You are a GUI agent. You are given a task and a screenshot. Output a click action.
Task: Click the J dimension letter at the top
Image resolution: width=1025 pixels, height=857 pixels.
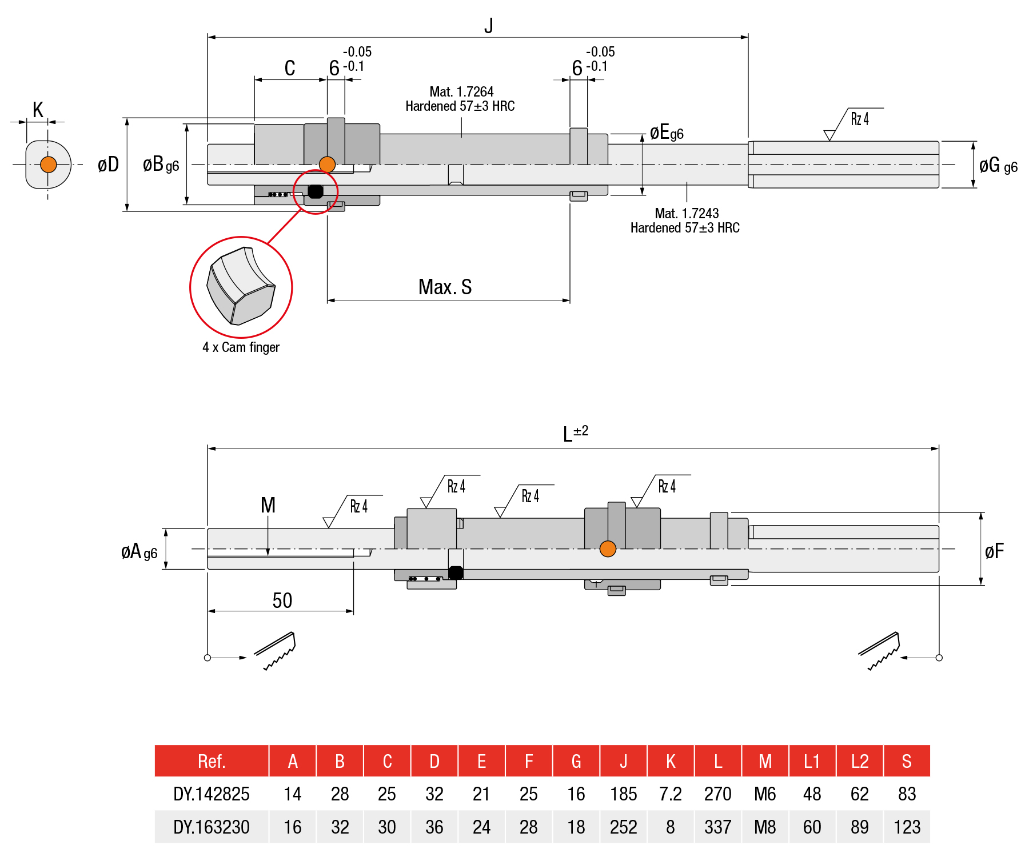488,26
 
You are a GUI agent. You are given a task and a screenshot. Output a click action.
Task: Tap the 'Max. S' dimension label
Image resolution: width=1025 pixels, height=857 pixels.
445,287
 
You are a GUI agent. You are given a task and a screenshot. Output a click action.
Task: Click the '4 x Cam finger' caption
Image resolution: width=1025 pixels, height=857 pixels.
241,347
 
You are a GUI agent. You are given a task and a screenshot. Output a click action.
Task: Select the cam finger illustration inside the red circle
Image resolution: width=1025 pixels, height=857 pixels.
241,286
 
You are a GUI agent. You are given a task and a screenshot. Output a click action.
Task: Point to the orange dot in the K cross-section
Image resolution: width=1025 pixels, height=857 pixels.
49,165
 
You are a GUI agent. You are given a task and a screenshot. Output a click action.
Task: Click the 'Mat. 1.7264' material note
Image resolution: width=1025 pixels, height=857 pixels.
461,92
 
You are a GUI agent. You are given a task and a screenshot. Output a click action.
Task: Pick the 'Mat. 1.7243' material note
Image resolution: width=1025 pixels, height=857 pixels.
686,214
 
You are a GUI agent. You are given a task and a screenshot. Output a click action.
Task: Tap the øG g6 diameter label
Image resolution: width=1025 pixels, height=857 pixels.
998,166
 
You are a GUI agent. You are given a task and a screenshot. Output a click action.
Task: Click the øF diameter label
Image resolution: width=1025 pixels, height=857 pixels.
994,551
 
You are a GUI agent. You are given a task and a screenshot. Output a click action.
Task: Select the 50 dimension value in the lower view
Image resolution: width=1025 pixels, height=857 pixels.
282,600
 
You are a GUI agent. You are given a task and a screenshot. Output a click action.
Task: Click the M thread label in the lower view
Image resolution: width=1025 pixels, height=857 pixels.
268,505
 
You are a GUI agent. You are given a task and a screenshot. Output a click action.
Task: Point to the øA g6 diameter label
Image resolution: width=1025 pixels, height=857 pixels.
139,552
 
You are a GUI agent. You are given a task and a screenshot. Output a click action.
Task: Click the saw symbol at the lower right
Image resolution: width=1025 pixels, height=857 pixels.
880,650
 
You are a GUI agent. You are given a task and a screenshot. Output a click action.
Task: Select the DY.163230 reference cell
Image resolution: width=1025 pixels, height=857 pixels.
211,827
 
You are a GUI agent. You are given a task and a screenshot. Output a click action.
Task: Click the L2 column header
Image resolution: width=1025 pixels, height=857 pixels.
859,761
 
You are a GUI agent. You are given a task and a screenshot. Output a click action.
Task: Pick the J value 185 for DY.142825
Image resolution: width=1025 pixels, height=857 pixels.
623,794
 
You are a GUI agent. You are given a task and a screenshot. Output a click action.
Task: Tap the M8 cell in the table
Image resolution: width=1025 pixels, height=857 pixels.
765,827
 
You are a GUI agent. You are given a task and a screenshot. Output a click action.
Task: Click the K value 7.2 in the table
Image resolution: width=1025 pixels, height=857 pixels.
670,794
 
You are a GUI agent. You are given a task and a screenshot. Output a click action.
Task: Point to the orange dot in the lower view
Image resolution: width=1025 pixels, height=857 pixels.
608,549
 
